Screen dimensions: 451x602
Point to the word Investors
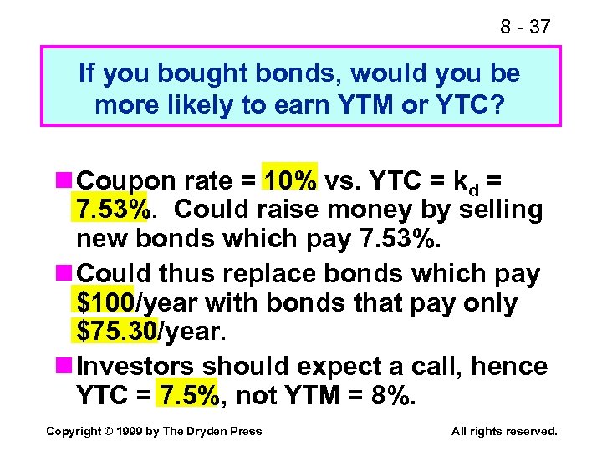click(137, 366)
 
